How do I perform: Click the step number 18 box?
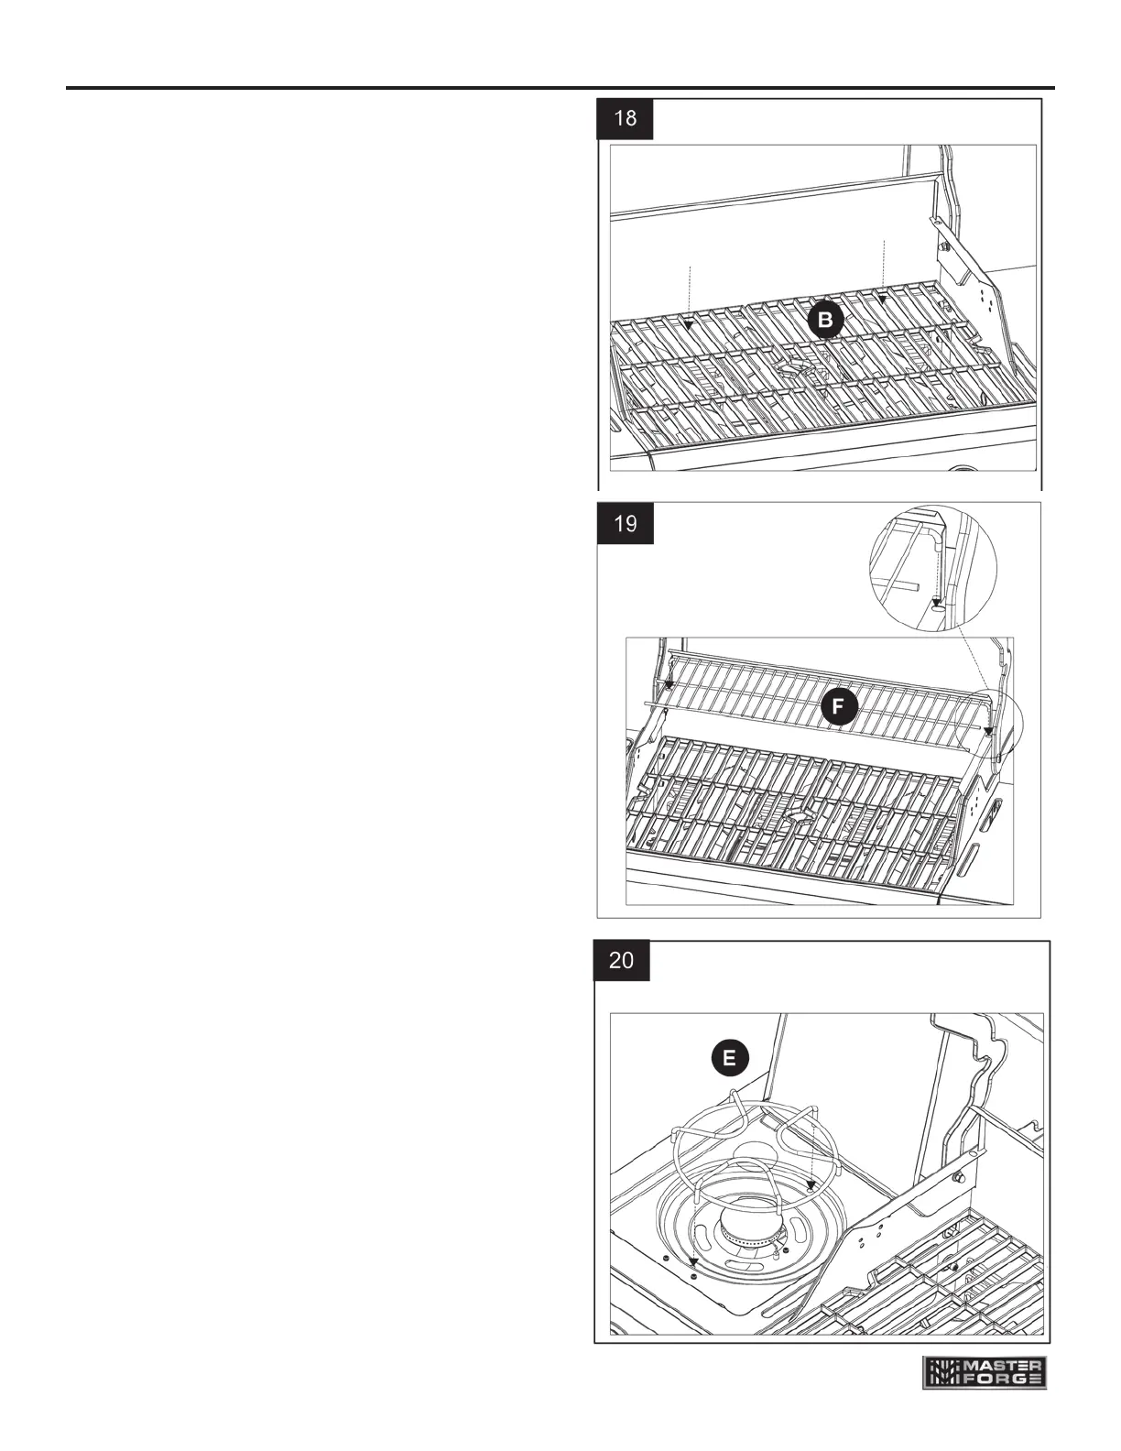[626, 118]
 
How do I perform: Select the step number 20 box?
[622, 961]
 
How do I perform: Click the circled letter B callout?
[826, 321]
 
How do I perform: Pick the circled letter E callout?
[729, 1059]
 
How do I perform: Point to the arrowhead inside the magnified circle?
[935, 601]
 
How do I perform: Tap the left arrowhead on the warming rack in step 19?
[669, 684]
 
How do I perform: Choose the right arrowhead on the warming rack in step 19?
[989, 730]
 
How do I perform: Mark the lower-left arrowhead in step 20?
[693, 1261]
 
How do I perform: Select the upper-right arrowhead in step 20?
[810, 1184]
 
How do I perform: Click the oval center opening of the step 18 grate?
[795, 367]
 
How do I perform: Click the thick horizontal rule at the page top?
[560, 89]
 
